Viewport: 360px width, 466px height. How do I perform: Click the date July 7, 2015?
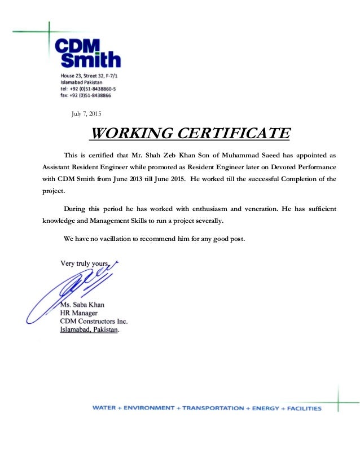86,115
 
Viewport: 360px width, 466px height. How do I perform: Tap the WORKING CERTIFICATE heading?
190,134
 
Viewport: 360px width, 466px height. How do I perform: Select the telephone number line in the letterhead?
89,89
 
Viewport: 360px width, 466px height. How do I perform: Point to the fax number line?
86,96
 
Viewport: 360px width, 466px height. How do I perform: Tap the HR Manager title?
79,313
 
